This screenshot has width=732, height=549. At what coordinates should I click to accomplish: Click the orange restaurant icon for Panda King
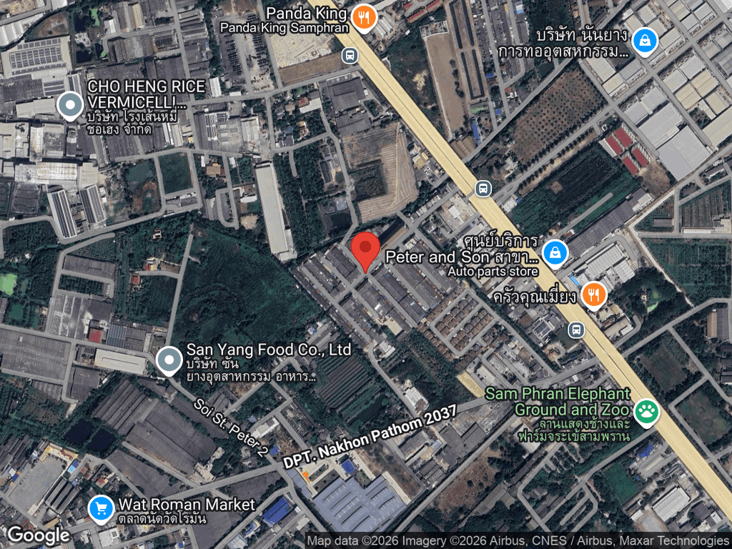click(364, 19)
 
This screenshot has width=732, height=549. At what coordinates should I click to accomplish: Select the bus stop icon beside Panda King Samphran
click(350, 55)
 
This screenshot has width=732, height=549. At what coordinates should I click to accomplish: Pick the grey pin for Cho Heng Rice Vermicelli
click(69, 106)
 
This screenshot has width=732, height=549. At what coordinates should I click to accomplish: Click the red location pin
click(365, 250)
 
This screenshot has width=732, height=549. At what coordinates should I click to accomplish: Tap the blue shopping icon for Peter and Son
click(555, 252)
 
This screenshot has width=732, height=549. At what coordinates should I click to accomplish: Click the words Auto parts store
click(493, 271)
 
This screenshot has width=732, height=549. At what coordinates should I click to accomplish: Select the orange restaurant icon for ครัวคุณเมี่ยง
click(593, 295)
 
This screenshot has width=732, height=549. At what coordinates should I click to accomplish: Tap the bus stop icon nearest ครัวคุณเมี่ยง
click(576, 330)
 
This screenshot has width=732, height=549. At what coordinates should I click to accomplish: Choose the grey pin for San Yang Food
click(169, 360)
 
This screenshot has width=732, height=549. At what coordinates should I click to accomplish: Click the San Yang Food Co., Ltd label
click(269, 350)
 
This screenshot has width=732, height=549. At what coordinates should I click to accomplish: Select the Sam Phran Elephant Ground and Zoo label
click(558, 402)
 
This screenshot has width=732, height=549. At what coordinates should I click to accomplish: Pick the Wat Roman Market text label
click(187, 505)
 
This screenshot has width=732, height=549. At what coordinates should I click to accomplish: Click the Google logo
click(38, 535)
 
